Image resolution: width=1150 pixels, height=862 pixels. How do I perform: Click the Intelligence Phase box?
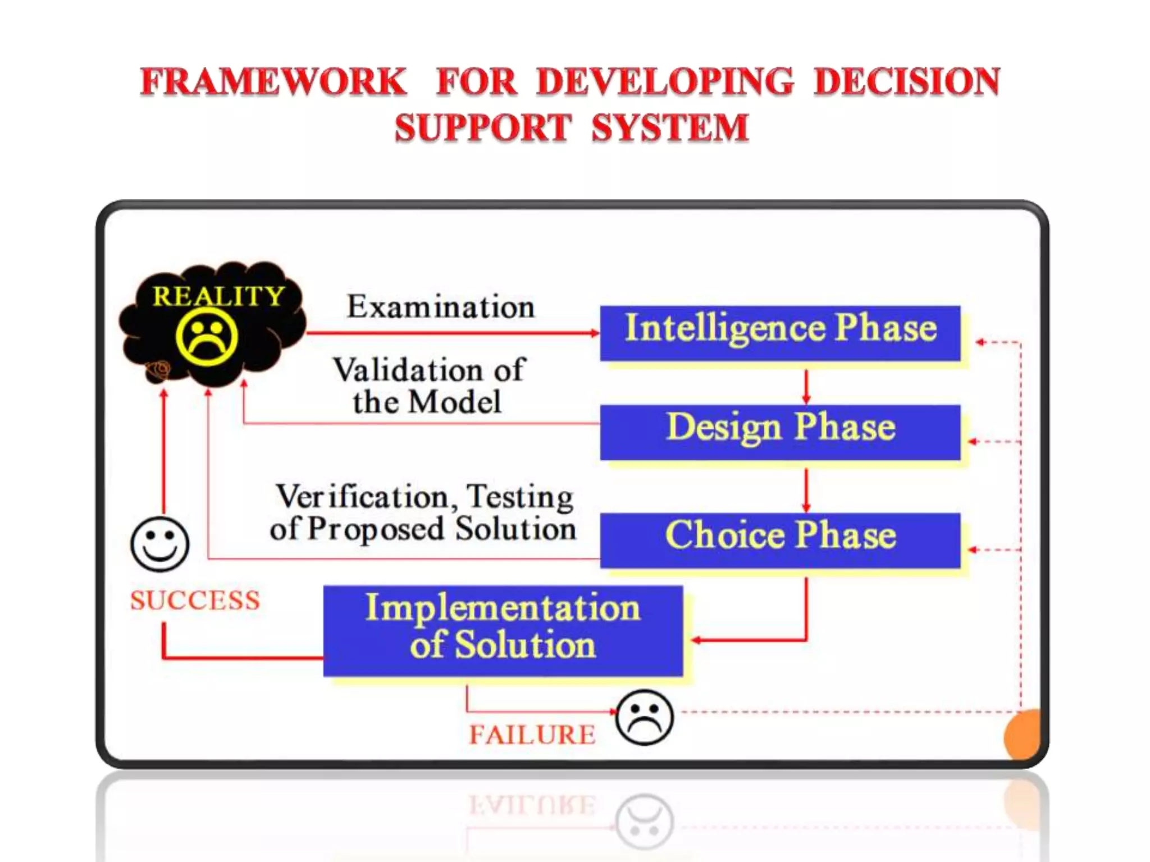pyautogui.click(x=780, y=333)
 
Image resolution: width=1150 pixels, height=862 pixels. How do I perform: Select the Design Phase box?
pyautogui.click(x=780, y=432)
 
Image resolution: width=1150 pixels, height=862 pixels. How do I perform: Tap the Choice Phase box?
pyautogui.click(x=780, y=540)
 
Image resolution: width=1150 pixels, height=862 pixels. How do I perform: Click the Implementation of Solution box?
pyautogui.click(x=503, y=630)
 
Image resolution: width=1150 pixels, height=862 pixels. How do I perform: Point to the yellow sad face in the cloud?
pyautogui.click(x=207, y=337)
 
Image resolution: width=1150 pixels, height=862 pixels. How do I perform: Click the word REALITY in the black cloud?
pyautogui.click(x=218, y=296)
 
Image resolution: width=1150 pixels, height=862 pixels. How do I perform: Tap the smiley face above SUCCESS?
pyautogui.click(x=159, y=544)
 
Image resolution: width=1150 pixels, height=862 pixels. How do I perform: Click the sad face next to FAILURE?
pyautogui.click(x=644, y=717)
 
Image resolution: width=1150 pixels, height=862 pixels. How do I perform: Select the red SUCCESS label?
pyautogui.click(x=195, y=600)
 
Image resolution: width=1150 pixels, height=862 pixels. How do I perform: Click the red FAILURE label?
pyautogui.click(x=532, y=735)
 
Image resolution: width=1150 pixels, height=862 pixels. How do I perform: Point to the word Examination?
pyautogui.click(x=441, y=307)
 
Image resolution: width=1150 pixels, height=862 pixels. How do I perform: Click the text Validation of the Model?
pyautogui.click(x=428, y=386)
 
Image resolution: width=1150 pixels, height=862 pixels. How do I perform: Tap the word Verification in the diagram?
pyautogui.click(x=362, y=497)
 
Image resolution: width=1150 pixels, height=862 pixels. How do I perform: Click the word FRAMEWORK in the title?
pyautogui.click(x=273, y=82)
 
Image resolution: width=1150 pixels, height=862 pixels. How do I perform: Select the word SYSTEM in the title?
pyautogui.click(x=670, y=127)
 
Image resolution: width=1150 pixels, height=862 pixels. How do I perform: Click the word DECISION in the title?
pyautogui.click(x=907, y=82)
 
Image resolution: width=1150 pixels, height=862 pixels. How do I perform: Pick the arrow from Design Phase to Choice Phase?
pyautogui.click(x=806, y=489)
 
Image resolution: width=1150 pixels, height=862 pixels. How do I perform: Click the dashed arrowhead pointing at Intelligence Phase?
pyautogui.click(x=980, y=342)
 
